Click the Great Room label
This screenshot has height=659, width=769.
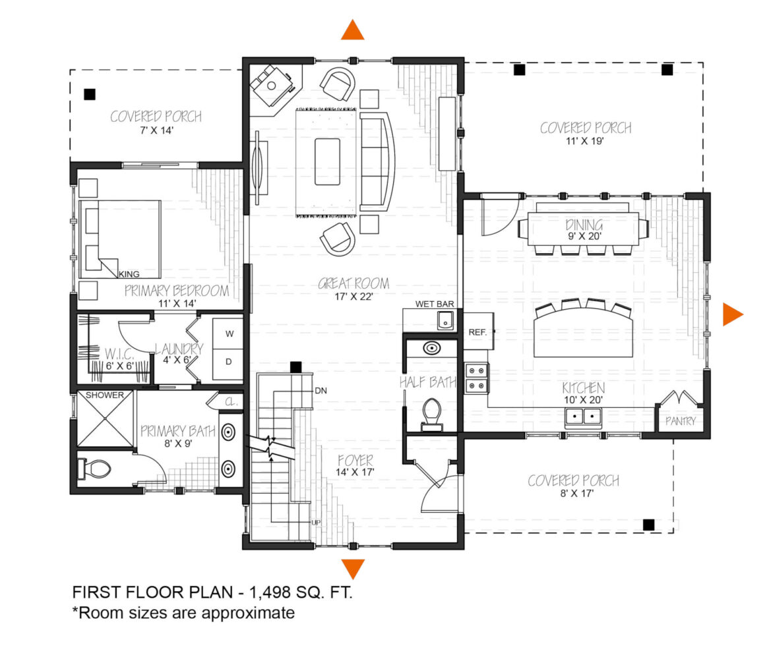(x=354, y=283)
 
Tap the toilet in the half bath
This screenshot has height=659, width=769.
(x=432, y=414)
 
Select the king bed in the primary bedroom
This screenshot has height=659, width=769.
(x=120, y=239)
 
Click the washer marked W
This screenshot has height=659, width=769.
(x=228, y=333)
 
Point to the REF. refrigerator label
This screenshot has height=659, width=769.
(x=477, y=332)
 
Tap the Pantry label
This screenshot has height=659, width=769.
(x=680, y=421)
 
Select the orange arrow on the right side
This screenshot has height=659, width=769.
(x=732, y=314)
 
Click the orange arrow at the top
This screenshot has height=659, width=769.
(x=353, y=30)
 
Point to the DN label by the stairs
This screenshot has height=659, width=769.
(x=321, y=391)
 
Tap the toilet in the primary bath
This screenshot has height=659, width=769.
(x=94, y=469)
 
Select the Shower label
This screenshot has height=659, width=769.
(x=104, y=395)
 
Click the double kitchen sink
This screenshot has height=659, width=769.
(x=583, y=417)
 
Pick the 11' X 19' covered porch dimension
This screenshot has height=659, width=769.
(x=584, y=141)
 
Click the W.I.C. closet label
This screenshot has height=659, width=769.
(x=119, y=354)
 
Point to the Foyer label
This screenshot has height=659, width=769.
(x=355, y=460)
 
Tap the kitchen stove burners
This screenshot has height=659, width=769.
(x=476, y=378)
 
